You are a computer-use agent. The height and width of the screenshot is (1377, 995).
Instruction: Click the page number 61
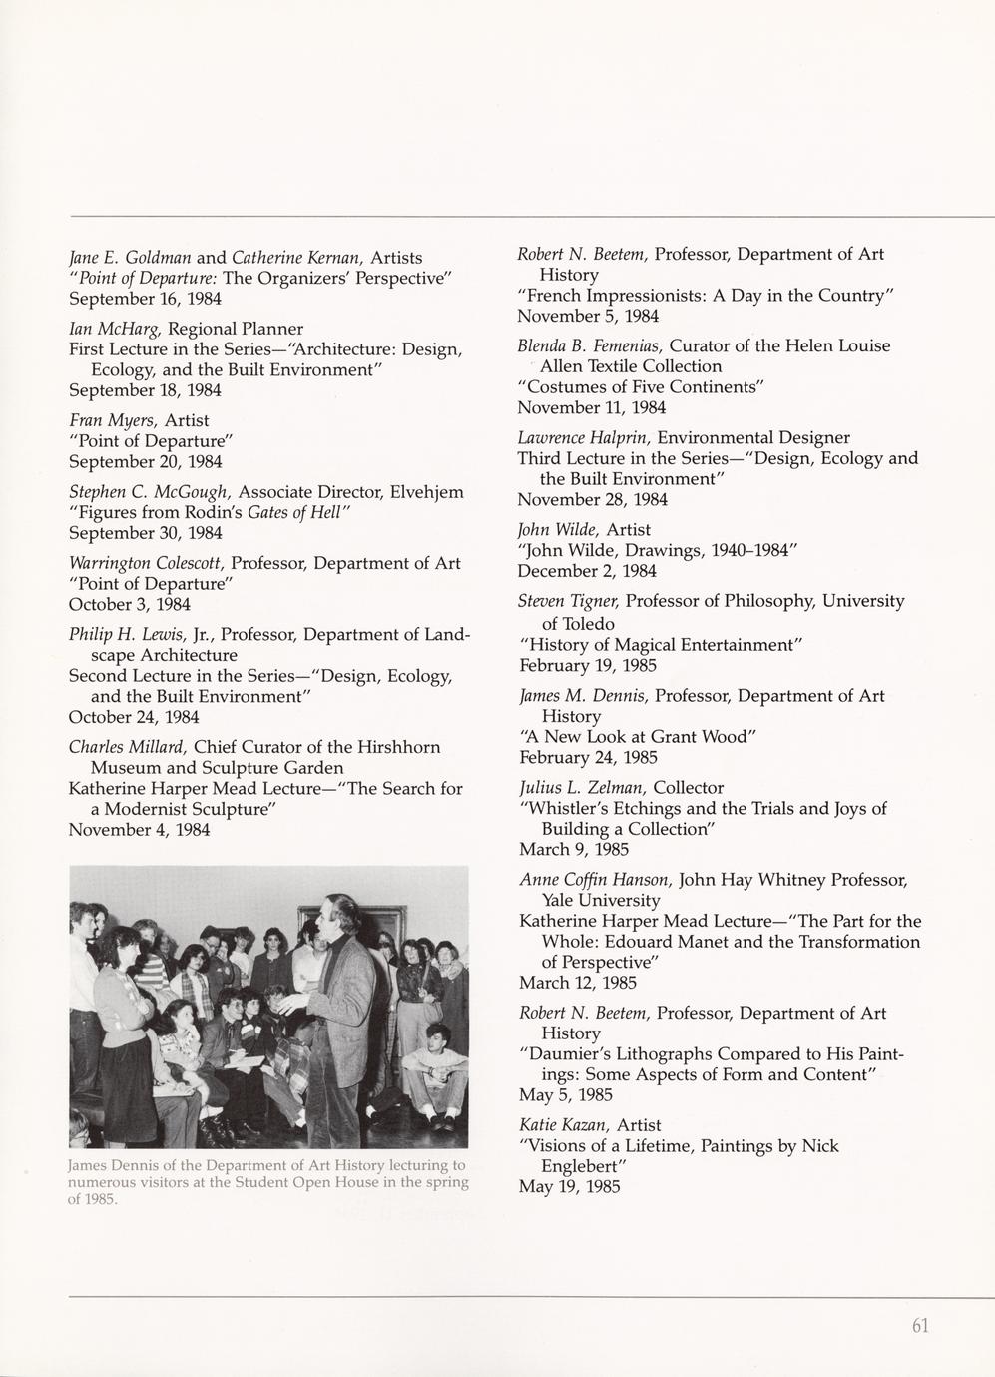pos(920,1326)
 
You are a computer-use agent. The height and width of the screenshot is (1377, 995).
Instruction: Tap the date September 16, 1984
pos(145,299)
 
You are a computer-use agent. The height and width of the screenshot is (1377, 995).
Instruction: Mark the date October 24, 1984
pos(134,717)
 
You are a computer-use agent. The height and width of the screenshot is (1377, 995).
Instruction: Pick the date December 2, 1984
pos(587,571)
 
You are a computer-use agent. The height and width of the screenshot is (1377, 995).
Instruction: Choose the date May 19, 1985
pos(570,1187)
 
